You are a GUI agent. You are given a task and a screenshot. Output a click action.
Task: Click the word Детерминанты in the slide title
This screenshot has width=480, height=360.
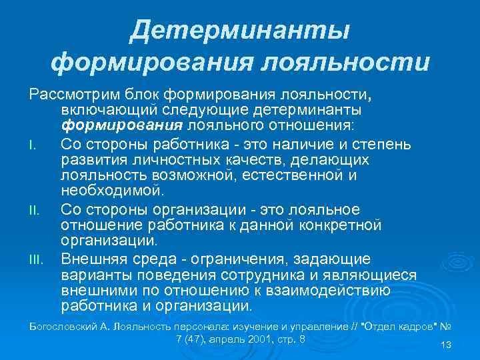(240, 31)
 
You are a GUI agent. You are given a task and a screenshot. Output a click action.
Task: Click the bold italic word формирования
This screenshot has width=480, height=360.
(103, 125)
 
